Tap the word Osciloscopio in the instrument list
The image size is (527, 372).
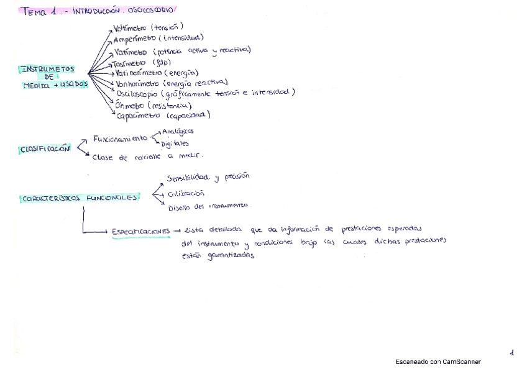point(137,93)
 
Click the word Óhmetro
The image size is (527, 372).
point(129,105)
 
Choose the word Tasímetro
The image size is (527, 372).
point(128,63)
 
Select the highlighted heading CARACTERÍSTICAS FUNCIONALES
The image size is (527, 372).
point(80,198)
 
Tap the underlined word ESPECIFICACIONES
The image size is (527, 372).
point(141,232)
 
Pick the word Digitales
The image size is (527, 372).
point(175,144)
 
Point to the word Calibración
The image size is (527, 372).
point(186,193)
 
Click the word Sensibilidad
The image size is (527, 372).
point(188,178)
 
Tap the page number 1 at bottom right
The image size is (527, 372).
point(511,353)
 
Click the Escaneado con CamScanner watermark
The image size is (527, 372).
point(438,361)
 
